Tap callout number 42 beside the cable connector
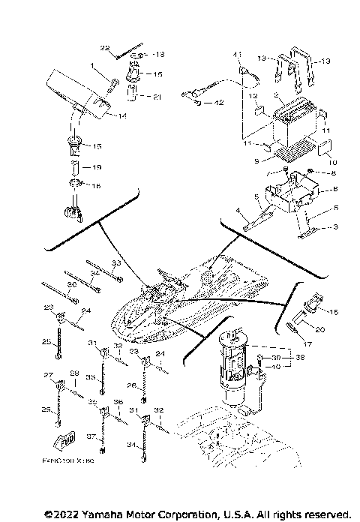tap(218, 102)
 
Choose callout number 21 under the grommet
tap(157, 97)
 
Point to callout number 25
tap(46, 341)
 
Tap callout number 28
tap(74, 373)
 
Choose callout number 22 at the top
tap(106, 46)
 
